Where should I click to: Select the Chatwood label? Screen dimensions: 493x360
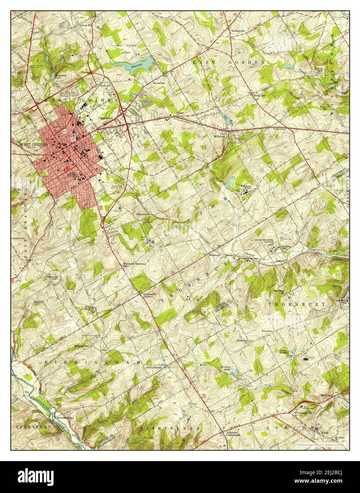(105, 118)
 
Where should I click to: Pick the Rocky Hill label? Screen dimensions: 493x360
(259, 95)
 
